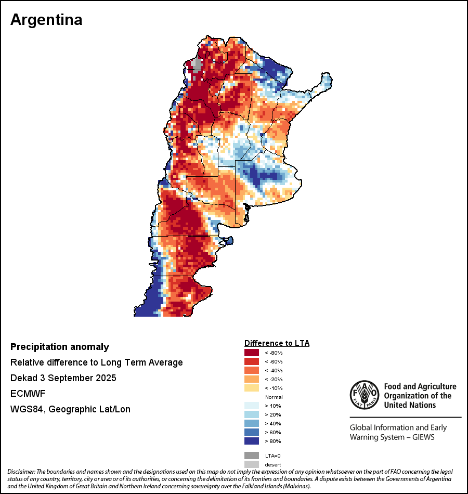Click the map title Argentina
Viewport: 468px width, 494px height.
tap(46, 20)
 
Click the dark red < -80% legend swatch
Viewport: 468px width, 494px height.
tap(252, 353)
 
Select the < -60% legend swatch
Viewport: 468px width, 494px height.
tap(252, 361)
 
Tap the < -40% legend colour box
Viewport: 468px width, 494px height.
tap(252, 370)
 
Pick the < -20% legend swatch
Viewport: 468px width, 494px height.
tap(252, 379)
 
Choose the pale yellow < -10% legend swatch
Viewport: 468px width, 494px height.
tap(252, 388)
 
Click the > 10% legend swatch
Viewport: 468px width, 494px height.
tap(252, 406)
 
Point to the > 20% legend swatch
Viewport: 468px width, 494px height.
tap(252, 414)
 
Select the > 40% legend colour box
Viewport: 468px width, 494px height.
tap(252, 423)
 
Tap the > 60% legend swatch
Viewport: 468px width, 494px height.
tap(252, 432)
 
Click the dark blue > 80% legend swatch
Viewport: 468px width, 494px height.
tap(252, 441)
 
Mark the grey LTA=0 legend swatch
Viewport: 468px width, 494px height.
tap(252, 455)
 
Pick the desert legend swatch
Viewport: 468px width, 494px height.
tap(252, 464)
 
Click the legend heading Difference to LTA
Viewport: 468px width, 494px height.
tap(277, 343)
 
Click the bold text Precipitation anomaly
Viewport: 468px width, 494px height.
tap(60, 347)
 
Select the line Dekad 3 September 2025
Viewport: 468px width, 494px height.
tap(63, 378)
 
